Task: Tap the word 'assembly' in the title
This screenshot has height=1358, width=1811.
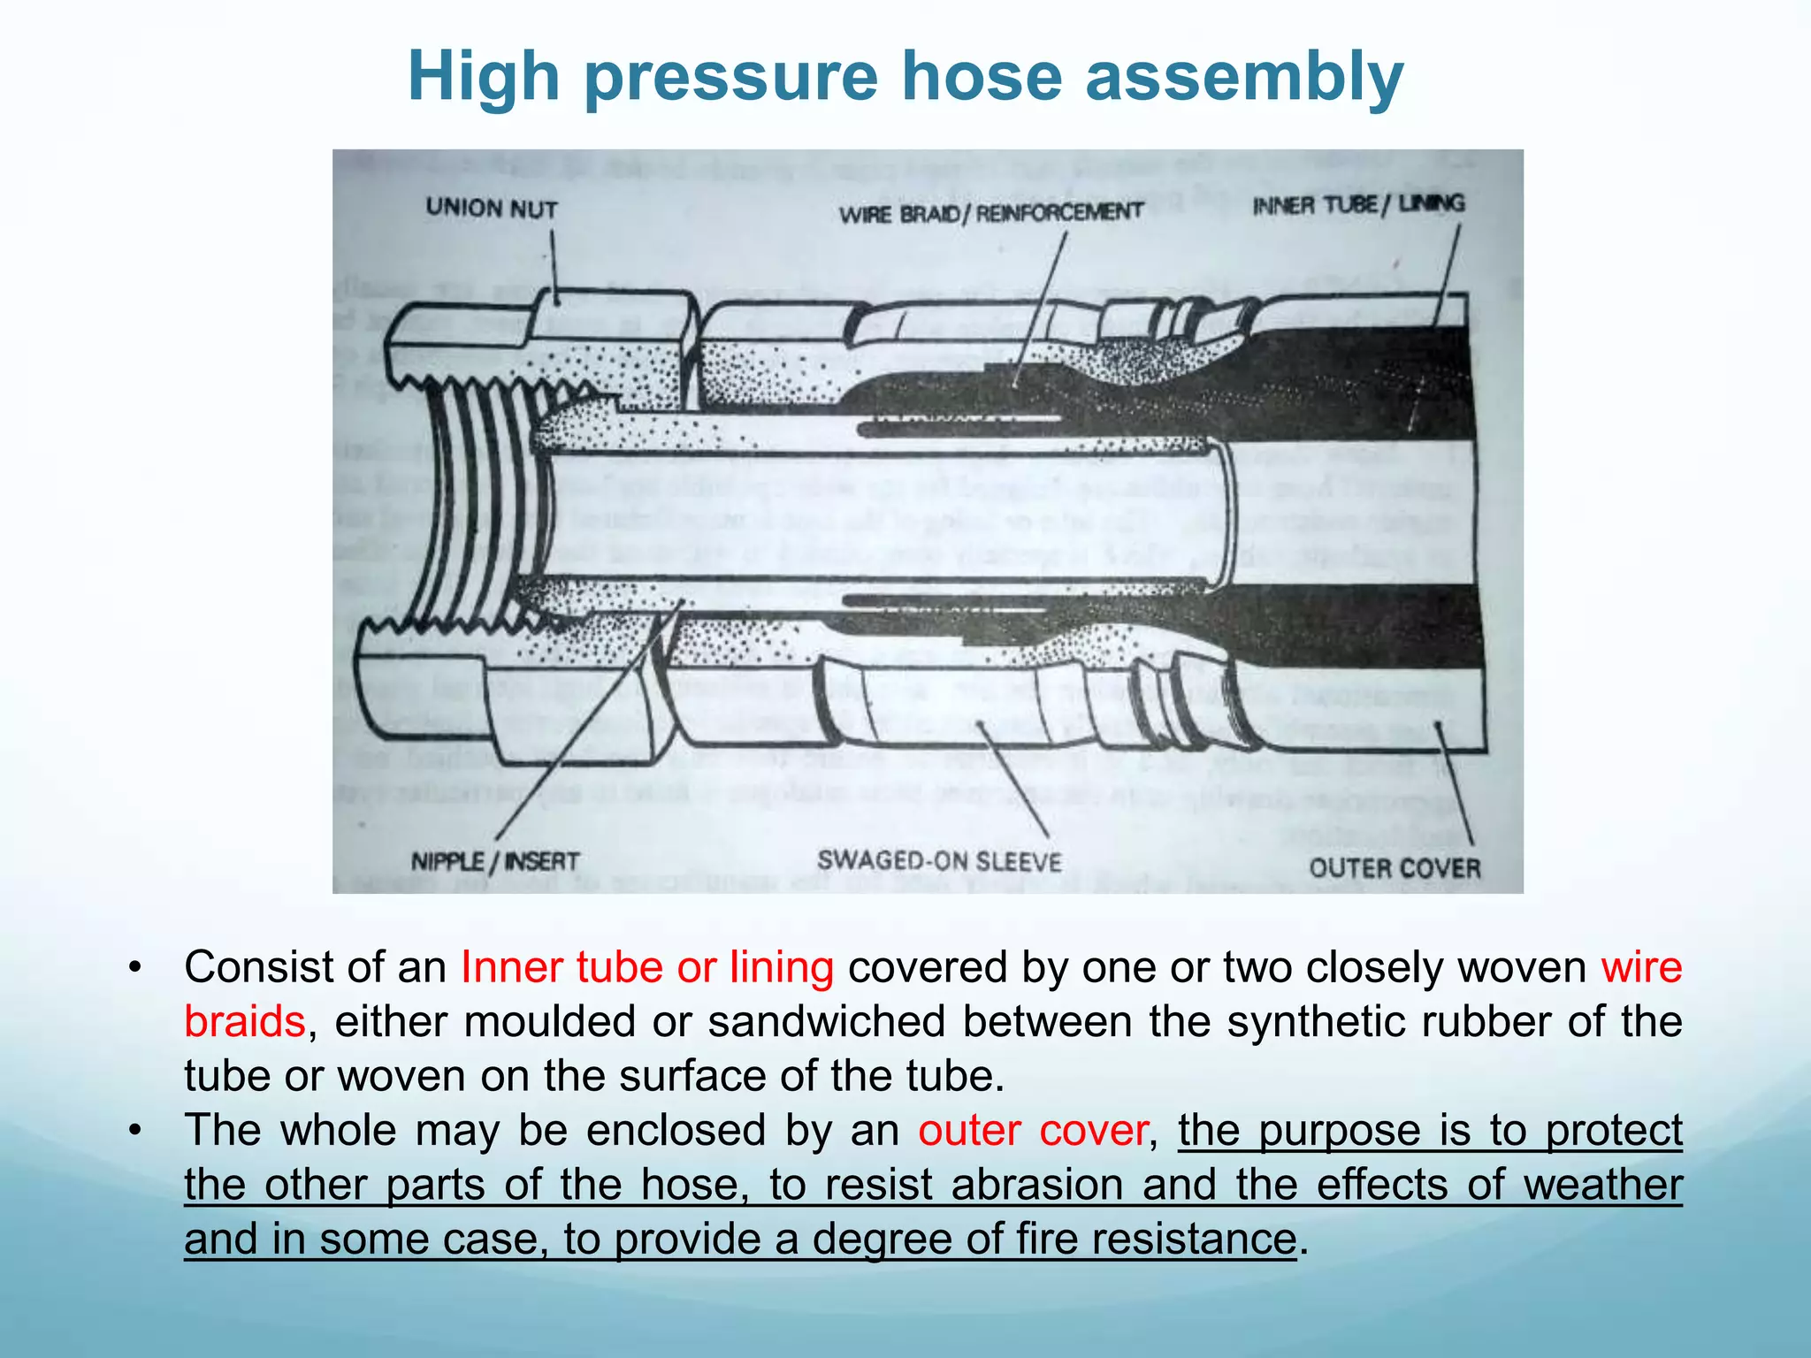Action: (x=1244, y=77)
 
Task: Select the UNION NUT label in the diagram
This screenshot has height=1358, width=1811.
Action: (x=492, y=209)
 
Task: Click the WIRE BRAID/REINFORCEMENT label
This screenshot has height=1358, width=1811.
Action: (x=991, y=213)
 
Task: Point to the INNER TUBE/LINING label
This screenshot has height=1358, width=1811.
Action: (x=1358, y=205)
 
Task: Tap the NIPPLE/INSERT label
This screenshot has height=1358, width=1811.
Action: (x=495, y=861)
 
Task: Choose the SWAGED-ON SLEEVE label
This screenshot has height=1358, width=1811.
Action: (x=939, y=860)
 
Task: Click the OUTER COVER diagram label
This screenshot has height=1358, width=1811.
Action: (x=1395, y=867)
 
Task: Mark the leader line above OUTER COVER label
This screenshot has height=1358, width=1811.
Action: (x=1456, y=787)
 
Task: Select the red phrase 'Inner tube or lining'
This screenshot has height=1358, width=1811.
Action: (x=646, y=967)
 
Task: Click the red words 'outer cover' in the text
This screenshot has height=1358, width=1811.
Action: (x=1032, y=1131)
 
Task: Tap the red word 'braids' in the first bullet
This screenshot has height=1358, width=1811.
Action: (x=245, y=1022)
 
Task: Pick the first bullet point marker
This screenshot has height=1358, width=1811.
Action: (x=134, y=967)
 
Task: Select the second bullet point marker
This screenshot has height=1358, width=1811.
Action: (x=134, y=1131)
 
